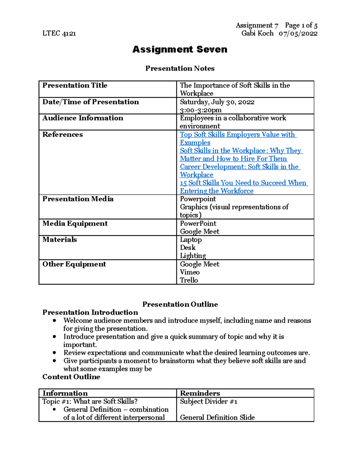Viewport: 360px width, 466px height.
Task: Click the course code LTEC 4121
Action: point(59,33)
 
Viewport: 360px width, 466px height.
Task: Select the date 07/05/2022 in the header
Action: point(298,33)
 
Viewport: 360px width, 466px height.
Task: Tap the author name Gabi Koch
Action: point(257,33)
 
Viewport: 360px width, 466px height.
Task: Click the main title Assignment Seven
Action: point(180,49)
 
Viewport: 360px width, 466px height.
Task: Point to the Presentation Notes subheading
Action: point(180,68)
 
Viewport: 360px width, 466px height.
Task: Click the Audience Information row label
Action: point(83,118)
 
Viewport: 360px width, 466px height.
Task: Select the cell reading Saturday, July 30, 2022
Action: point(217,102)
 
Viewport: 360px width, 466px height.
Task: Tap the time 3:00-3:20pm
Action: point(200,110)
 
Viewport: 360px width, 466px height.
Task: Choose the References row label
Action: point(62,134)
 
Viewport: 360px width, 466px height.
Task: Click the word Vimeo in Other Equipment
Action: point(190,272)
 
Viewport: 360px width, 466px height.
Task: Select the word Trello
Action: point(189,280)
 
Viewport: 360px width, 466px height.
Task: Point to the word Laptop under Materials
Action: point(191,240)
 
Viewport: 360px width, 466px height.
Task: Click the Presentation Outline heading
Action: point(180,304)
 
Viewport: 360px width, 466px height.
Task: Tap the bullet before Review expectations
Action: point(54,353)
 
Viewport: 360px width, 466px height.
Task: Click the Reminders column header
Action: point(200,393)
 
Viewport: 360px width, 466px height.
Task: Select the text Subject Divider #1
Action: point(208,401)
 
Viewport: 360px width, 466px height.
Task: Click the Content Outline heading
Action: point(71,377)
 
